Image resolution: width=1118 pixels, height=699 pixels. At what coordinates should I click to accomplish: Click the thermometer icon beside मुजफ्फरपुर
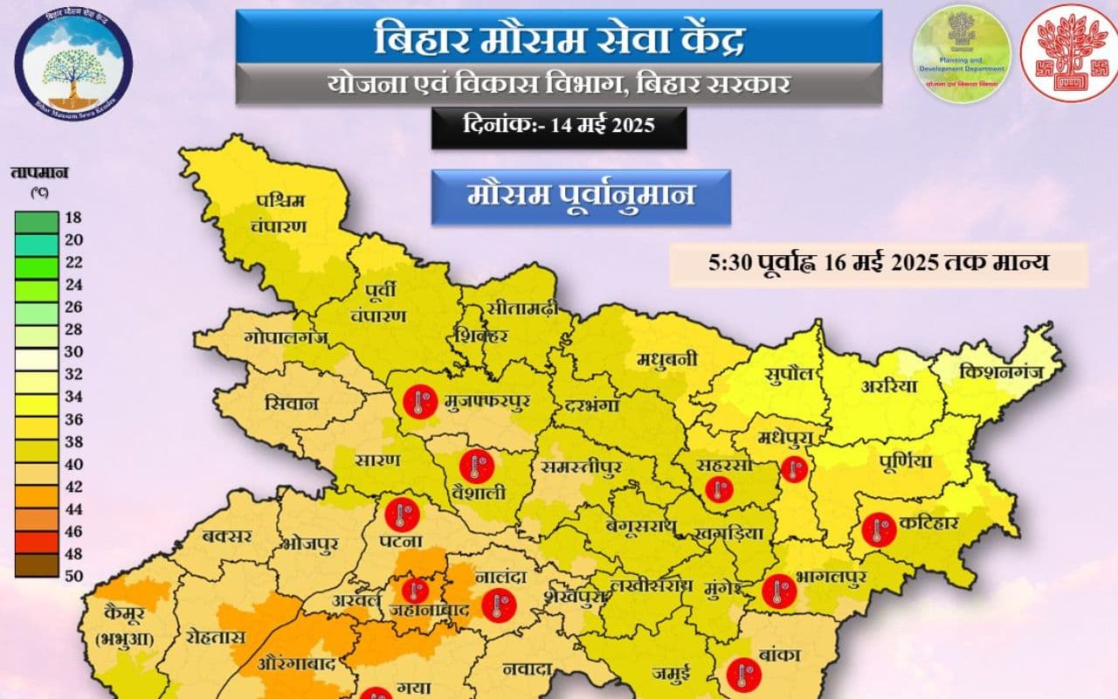tap(420, 403)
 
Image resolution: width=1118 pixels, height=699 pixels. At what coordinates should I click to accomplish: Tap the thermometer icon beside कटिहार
tap(879, 529)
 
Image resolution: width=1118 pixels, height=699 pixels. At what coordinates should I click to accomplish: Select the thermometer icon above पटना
tap(403, 513)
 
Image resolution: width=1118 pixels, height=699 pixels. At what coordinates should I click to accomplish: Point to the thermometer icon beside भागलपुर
tap(778, 592)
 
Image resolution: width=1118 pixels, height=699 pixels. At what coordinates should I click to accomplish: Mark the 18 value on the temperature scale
tap(73, 218)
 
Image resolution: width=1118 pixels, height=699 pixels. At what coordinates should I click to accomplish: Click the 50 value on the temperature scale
tap(73, 575)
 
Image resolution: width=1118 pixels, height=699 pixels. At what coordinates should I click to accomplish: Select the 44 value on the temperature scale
tap(73, 508)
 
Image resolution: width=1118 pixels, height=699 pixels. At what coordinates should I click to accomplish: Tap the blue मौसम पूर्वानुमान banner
tap(580, 197)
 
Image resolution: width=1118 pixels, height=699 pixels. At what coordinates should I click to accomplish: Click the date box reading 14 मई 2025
tap(559, 127)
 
